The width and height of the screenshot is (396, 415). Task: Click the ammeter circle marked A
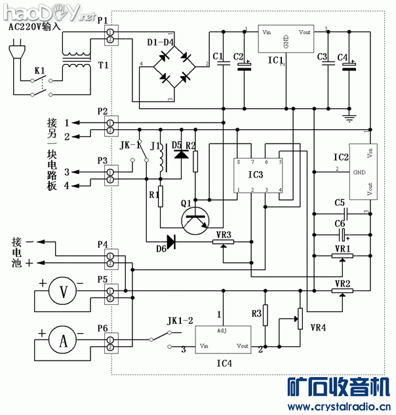click(x=64, y=340)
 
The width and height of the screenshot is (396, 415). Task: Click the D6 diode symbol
click(x=172, y=242)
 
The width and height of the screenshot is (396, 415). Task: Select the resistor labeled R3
click(x=266, y=315)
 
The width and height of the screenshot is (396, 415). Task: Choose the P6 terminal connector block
click(x=110, y=341)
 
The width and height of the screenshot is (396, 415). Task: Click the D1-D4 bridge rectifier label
click(x=160, y=43)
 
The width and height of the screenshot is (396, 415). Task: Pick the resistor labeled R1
click(x=159, y=197)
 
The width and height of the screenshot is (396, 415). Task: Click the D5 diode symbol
click(x=182, y=155)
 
